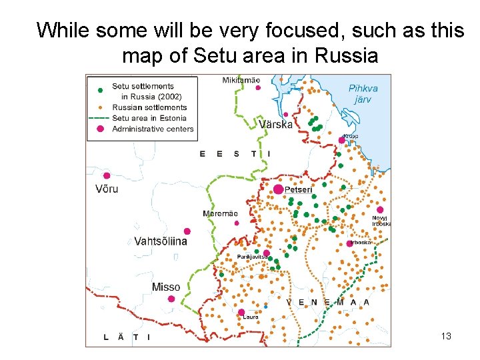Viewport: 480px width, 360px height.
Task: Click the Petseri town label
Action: point(299,190)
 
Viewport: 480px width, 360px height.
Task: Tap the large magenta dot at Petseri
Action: point(278,189)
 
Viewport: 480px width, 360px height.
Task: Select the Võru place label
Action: point(107,189)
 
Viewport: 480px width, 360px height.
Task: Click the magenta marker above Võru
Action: point(107,175)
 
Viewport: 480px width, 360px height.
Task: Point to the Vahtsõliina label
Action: point(161,241)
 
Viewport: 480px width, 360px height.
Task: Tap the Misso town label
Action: point(165,287)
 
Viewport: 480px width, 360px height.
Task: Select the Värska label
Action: point(275,125)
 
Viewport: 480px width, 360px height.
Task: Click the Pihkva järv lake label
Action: point(363,94)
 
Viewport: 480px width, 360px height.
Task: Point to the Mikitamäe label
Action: point(241,80)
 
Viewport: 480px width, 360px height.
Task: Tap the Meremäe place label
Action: point(220,213)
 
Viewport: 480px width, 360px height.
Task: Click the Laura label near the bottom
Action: point(250,317)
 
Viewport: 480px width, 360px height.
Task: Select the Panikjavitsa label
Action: point(252,257)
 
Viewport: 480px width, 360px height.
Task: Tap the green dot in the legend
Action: point(100,89)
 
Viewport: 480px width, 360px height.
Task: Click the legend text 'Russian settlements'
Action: point(149,107)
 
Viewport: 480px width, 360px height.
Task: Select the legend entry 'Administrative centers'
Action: point(153,129)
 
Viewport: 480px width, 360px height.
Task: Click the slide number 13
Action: point(446,336)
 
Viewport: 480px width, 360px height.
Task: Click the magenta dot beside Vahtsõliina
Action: point(187,231)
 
